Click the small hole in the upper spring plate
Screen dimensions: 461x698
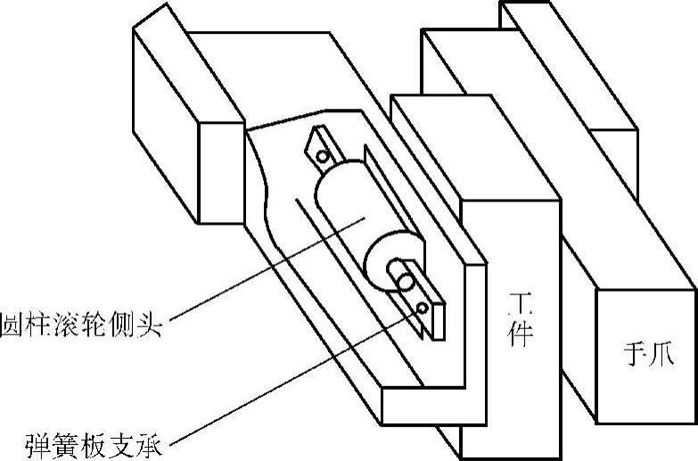pos(323,158)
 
